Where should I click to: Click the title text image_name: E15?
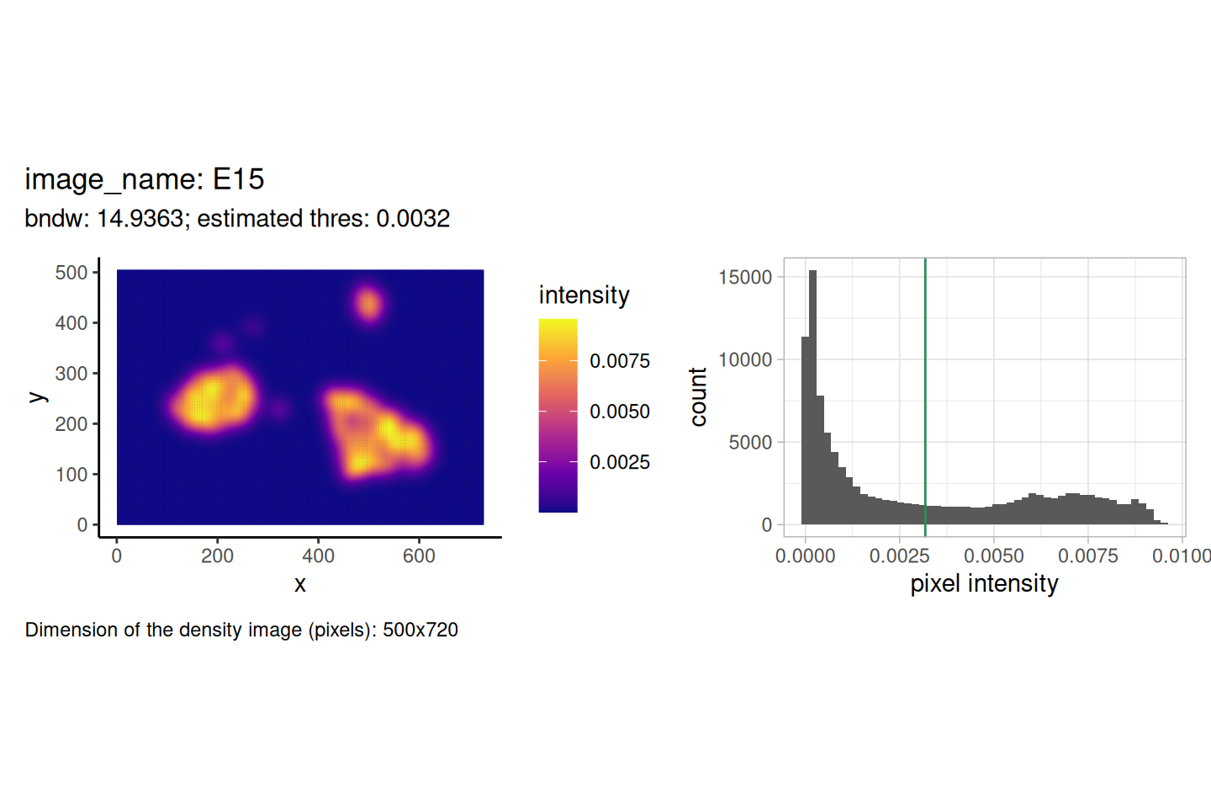(145, 179)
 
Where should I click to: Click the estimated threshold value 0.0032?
(413, 219)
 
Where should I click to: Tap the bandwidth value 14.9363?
(140, 219)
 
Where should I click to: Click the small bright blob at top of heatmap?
(368, 304)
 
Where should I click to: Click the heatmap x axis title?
(300, 584)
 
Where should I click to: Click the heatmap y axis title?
(37, 396)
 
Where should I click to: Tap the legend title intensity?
(584, 295)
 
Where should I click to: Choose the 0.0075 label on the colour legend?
(620, 361)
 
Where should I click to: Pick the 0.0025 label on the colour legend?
(620, 462)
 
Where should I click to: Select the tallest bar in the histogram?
(812, 397)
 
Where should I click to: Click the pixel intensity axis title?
(984, 584)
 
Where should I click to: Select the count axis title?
(698, 396)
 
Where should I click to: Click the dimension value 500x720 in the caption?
(420, 630)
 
